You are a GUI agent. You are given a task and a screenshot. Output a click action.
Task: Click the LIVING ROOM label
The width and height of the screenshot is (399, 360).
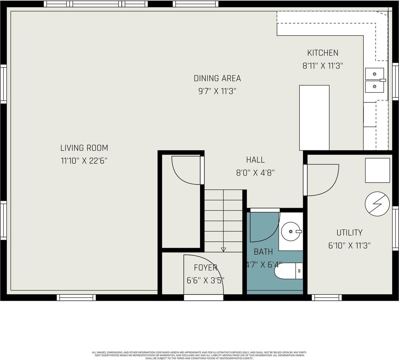point(84,148)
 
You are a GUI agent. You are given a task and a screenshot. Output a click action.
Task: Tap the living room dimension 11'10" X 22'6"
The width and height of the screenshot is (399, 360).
point(84,161)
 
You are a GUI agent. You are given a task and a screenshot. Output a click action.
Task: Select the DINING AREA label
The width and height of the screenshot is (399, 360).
point(217,78)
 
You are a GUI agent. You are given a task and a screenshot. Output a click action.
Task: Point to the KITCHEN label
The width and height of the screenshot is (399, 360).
point(322,53)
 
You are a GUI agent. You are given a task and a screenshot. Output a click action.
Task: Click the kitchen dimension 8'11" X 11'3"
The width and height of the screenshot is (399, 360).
point(322,66)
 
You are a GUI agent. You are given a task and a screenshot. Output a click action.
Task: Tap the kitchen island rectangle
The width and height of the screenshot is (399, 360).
point(314,118)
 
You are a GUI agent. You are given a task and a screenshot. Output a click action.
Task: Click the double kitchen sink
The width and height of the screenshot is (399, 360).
point(375,80)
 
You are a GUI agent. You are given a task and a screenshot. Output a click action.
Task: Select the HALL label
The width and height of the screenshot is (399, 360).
point(255,160)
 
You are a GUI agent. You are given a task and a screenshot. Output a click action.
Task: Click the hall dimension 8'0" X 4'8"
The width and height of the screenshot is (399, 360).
point(255,172)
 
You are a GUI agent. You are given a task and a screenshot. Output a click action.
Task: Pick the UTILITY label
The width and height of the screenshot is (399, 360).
point(349,232)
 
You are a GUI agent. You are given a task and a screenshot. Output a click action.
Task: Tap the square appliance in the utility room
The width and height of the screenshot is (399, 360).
point(377,170)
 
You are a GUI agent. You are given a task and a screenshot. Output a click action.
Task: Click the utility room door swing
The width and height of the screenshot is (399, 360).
point(322,180)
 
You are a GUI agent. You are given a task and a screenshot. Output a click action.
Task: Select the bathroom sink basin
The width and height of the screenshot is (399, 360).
point(291,231)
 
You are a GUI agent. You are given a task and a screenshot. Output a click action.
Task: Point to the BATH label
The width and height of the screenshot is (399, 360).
point(263,252)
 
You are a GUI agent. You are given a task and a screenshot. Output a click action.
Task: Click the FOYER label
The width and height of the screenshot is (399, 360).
point(205,268)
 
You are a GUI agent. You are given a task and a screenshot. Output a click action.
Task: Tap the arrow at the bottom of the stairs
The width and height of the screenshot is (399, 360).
point(223,249)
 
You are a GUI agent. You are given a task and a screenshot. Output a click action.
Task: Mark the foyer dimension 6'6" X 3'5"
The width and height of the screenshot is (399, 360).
point(205,280)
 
